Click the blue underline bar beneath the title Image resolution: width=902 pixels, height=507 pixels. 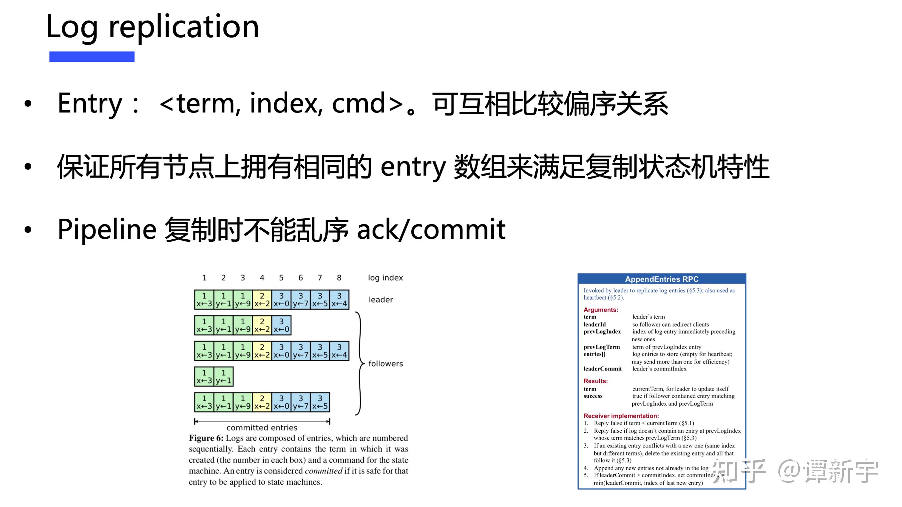[x=92, y=57]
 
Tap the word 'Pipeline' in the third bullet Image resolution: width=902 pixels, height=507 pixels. [x=107, y=229]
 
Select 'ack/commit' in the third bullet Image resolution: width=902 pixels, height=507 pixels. [x=431, y=229]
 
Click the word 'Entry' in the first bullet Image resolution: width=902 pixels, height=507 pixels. [x=90, y=103]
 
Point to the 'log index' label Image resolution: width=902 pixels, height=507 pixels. [x=385, y=278]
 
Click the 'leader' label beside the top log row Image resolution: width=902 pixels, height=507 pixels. [x=381, y=300]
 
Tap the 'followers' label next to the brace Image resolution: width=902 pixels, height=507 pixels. [x=385, y=364]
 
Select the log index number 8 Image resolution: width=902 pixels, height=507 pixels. [x=339, y=278]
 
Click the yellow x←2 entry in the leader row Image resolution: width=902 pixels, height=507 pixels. [x=262, y=300]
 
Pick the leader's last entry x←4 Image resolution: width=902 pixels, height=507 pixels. [x=339, y=300]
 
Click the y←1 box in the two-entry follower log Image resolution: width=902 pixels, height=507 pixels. [x=223, y=377]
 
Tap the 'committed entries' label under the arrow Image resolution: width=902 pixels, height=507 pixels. [x=262, y=428]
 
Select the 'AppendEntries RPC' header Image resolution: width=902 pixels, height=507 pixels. [x=662, y=279]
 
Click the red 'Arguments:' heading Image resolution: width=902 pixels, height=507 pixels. [x=600, y=310]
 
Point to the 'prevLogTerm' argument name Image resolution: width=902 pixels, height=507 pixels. [x=602, y=347]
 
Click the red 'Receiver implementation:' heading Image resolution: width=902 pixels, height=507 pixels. [x=621, y=416]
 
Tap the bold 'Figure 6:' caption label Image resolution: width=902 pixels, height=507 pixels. [x=206, y=438]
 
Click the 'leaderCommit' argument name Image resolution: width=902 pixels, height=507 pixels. [x=602, y=369]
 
